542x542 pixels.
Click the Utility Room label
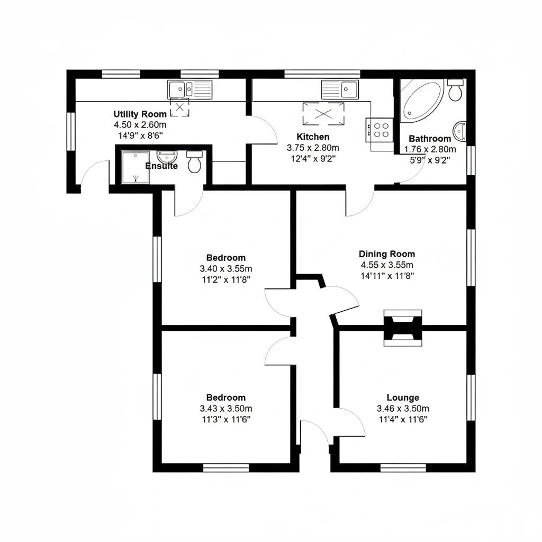(x=140, y=114)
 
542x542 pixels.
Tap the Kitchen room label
(x=312, y=137)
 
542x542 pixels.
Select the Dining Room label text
(x=386, y=254)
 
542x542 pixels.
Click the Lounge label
(x=402, y=398)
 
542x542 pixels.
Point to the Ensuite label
(x=161, y=166)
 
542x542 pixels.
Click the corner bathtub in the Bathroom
(x=421, y=100)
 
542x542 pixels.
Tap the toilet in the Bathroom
(x=455, y=90)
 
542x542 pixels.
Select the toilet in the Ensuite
(x=195, y=161)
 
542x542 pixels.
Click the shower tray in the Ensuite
(x=135, y=167)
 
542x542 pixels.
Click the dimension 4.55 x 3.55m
(x=386, y=265)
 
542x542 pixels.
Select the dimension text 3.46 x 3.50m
(x=402, y=409)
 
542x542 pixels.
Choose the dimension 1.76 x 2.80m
(x=429, y=150)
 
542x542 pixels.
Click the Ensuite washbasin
(x=168, y=156)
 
